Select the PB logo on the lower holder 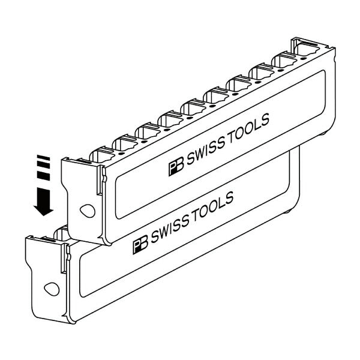click(140, 243)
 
